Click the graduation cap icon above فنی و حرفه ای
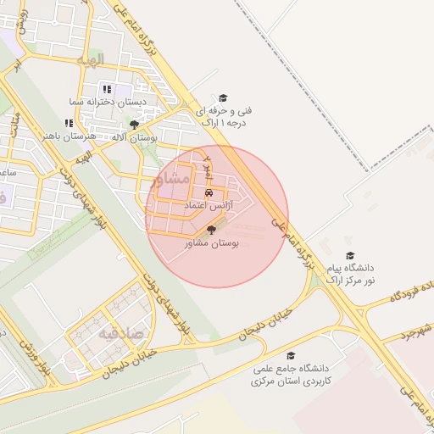point(223,98)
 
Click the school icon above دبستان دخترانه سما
point(107,89)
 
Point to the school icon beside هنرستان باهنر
point(69,123)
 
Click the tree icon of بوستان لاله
point(134,125)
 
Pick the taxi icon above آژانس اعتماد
point(209,192)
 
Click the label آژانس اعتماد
point(209,205)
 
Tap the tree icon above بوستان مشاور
point(211,230)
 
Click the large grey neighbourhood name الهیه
point(88,60)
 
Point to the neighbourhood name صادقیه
point(115,334)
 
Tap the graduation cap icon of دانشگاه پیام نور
point(350,255)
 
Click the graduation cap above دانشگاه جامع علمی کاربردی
point(291,356)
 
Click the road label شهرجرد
point(415,329)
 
